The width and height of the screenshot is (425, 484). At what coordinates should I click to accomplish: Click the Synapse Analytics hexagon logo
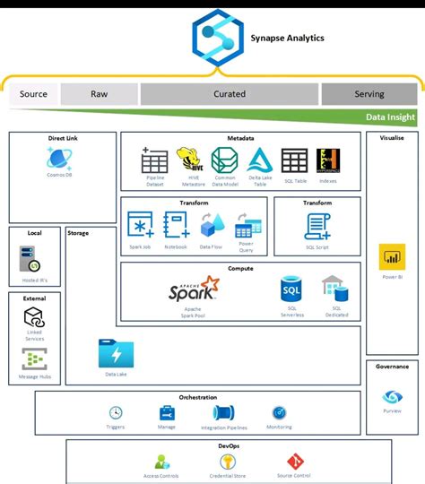click(x=218, y=39)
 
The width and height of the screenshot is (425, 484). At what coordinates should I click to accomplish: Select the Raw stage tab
click(x=100, y=93)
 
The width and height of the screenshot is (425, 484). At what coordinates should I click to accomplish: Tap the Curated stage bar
click(x=230, y=93)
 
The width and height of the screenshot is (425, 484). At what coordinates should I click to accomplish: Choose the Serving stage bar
click(x=369, y=93)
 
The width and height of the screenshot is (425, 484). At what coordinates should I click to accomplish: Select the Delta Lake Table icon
click(x=259, y=160)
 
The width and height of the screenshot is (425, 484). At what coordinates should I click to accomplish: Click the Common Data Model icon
click(x=225, y=160)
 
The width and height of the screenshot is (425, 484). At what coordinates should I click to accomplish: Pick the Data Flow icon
click(x=212, y=225)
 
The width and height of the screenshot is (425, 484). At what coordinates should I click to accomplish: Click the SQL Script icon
click(x=317, y=226)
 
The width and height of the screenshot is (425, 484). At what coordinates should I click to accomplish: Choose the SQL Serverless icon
click(x=291, y=290)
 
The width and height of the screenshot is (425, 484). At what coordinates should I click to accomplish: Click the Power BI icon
click(x=392, y=258)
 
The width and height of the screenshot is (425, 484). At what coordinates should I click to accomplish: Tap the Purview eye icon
click(x=392, y=397)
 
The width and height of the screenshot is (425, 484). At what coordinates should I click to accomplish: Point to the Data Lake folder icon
click(x=116, y=354)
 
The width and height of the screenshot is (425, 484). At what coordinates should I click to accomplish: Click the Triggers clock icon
click(x=116, y=412)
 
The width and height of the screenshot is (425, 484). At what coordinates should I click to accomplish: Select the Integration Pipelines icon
click(x=225, y=412)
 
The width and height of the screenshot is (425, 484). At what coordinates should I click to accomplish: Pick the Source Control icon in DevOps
click(x=295, y=462)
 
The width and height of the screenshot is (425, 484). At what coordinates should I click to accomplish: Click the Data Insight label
click(x=391, y=117)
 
